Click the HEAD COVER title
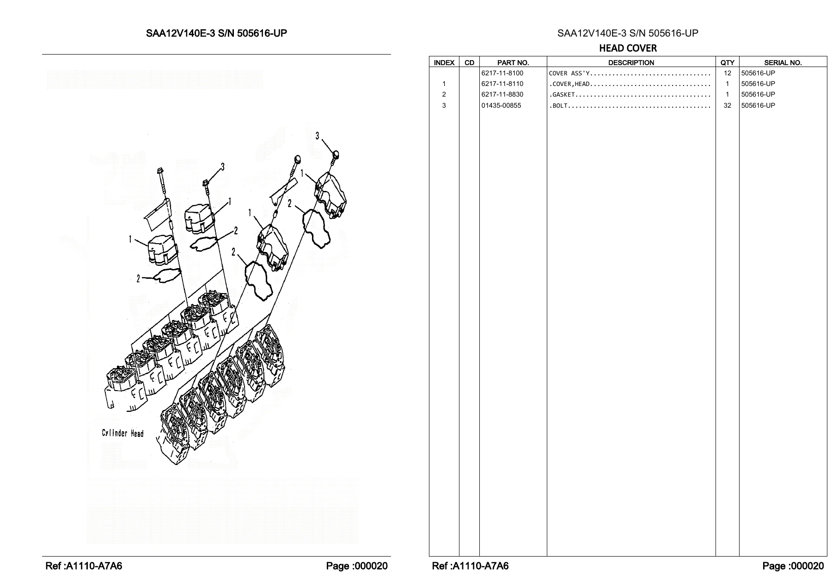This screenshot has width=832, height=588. tap(628, 48)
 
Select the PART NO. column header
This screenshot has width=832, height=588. tap(513, 62)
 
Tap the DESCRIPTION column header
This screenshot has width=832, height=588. tap(631, 62)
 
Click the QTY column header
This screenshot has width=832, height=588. tap(727, 62)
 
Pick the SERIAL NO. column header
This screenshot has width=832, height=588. tap(783, 62)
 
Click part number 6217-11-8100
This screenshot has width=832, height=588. tap(502, 73)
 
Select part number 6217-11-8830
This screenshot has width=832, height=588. tap(502, 94)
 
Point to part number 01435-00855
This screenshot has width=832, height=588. tap(501, 105)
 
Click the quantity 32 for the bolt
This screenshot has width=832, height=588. tap(728, 105)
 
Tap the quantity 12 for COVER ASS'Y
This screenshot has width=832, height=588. tap(728, 73)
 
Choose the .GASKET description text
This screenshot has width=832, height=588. tap(562, 95)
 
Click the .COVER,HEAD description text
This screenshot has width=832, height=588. tap(569, 84)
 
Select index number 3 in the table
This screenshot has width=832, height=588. tap(444, 105)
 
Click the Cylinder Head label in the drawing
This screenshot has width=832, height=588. tap(123, 433)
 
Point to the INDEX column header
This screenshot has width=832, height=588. tap(444, 62)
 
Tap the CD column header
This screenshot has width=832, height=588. tap(469, 62)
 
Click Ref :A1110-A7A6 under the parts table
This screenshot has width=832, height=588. tap(470, 566)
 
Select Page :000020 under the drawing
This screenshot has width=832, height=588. tap(357, 566)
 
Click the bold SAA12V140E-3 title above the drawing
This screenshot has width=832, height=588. tap(216, 33)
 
